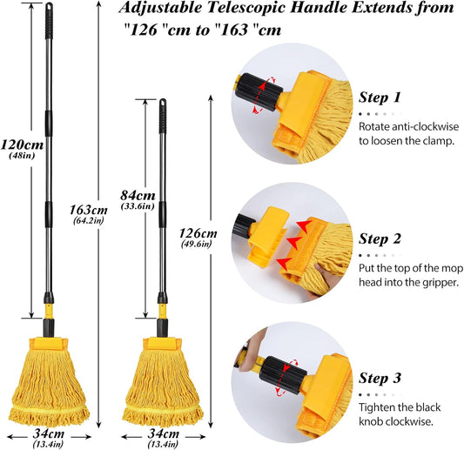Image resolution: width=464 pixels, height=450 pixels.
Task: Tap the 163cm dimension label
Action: (x=89, y=210)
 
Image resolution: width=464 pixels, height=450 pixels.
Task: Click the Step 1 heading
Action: (x=380, y=97)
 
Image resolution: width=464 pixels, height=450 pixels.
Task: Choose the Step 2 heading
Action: (x=380, y=238)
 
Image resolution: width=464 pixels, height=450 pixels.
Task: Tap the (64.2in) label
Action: (x=89, y=222)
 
